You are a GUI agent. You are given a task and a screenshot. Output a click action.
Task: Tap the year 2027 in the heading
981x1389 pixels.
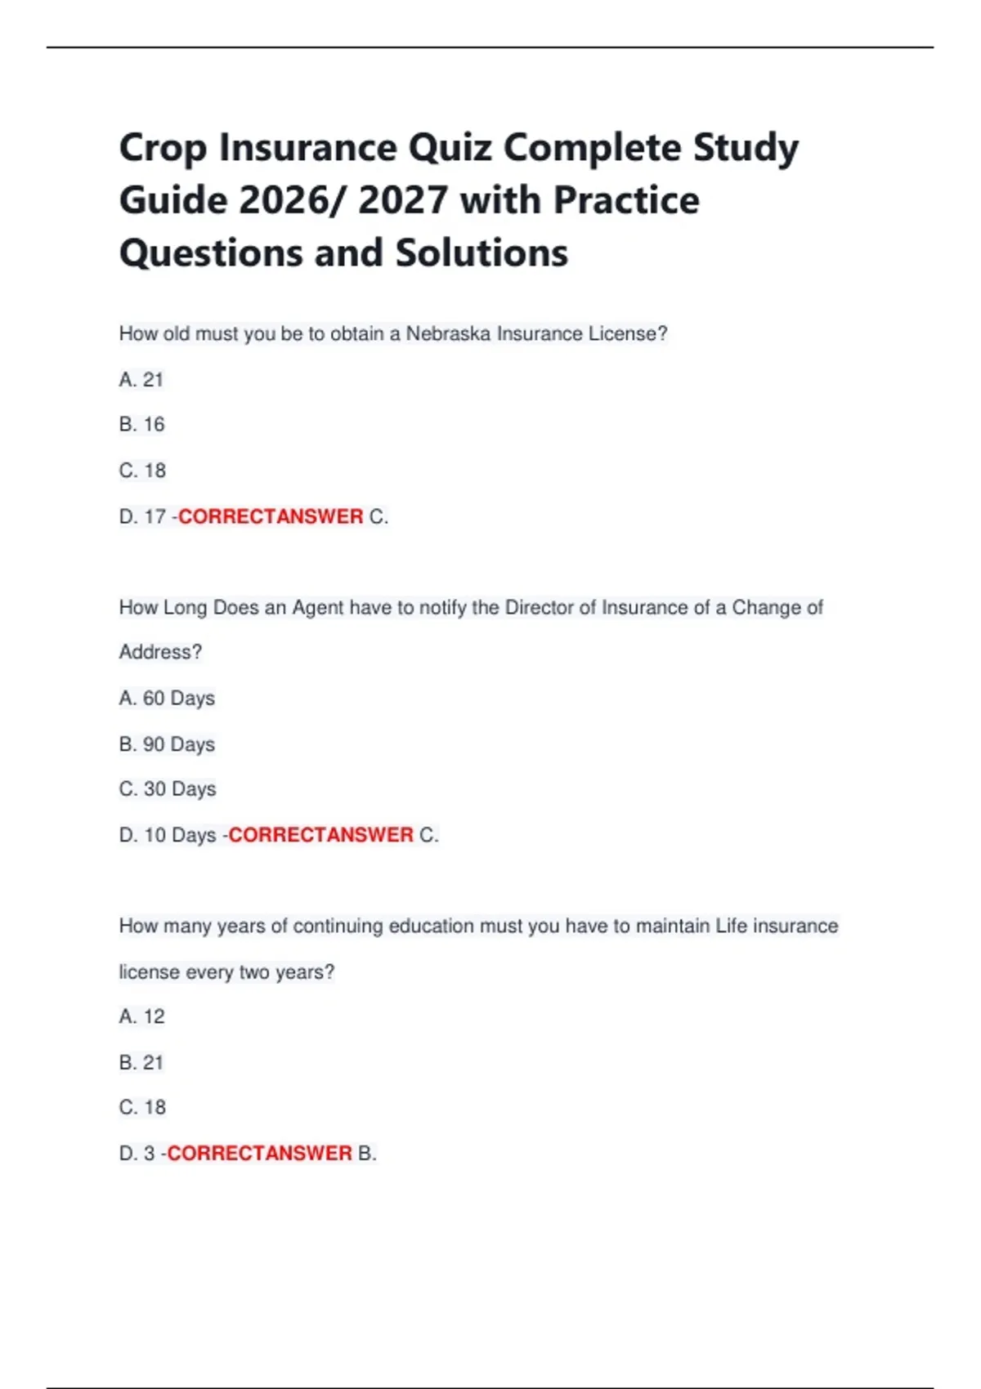pyautogui.click(x=402, y=201)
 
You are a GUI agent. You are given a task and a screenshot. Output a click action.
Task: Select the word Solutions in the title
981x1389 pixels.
pyautogui.click(x=482, y=253)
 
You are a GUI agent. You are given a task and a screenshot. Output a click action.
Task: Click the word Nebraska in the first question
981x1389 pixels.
pyautogui.click(x=448, y=334)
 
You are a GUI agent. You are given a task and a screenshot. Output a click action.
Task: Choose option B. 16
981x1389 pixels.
pyautogui.click(x=141, y=425)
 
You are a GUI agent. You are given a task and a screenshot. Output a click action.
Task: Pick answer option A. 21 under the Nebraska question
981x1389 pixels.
pyautogui.click(x=141, y=380)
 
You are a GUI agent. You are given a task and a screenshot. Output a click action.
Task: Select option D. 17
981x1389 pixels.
pyautogui.click(x=142, y=517)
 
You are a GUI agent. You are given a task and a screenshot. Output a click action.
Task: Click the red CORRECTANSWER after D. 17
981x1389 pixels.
pyautogui.click(x=271, y=517)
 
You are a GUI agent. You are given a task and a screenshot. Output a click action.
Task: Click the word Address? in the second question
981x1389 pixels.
pyautogui.click(x=160, y=652)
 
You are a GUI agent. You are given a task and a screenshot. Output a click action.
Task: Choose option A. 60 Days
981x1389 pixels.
pyautogui.click(x=167, y=699)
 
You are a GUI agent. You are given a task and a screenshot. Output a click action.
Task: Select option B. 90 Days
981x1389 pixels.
pyautogui.click(x=167, y=744)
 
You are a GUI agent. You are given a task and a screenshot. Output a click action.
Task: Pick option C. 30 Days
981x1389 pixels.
pyautogui.click(x=168, y=789)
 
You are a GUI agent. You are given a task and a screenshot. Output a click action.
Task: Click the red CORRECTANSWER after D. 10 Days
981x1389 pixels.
pyautogui.click(x=320, y=835)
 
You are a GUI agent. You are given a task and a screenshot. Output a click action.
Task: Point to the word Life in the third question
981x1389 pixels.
pyautogui.click(x=731, y=927)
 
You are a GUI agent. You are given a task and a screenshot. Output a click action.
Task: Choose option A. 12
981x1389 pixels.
pyautogui.click(x=141, y=1017)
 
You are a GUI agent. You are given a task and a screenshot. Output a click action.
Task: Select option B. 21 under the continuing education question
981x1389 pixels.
pyautogui.click(x=141, y=1063)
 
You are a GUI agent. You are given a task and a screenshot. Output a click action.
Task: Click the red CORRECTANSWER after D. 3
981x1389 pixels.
pyautogui.click(x=259, y=1154)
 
